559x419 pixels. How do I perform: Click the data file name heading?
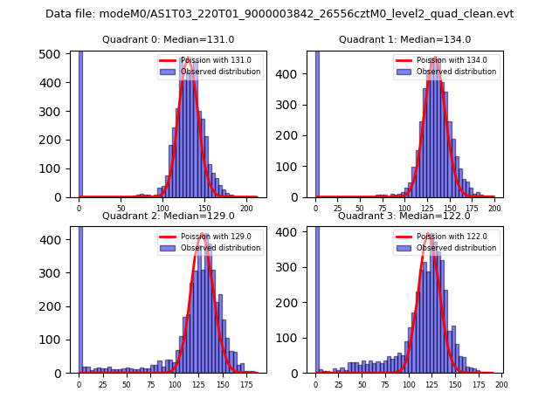(x=279, y=14)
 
